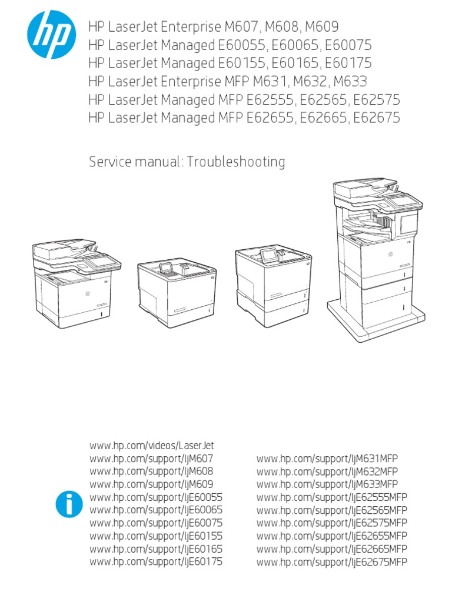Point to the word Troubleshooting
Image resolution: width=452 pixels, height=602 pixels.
tap(236, 162)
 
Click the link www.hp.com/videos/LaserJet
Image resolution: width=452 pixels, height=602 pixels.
tap(151, 446)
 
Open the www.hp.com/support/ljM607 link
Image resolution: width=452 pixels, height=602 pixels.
tap(151, 459)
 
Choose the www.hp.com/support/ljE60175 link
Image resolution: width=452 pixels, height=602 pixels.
tap(156, 562)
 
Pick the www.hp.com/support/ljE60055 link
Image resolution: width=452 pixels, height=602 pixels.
tap(156, 497)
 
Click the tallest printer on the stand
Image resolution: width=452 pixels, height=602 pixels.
tap(377, 247)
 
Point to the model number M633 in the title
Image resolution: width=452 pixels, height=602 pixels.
tap(357, 81)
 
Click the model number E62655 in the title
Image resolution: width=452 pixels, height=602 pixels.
tap(270, 118)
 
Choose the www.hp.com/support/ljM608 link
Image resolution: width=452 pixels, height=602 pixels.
tap(151, 471)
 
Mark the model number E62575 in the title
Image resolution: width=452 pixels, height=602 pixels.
tap(375, 99)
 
